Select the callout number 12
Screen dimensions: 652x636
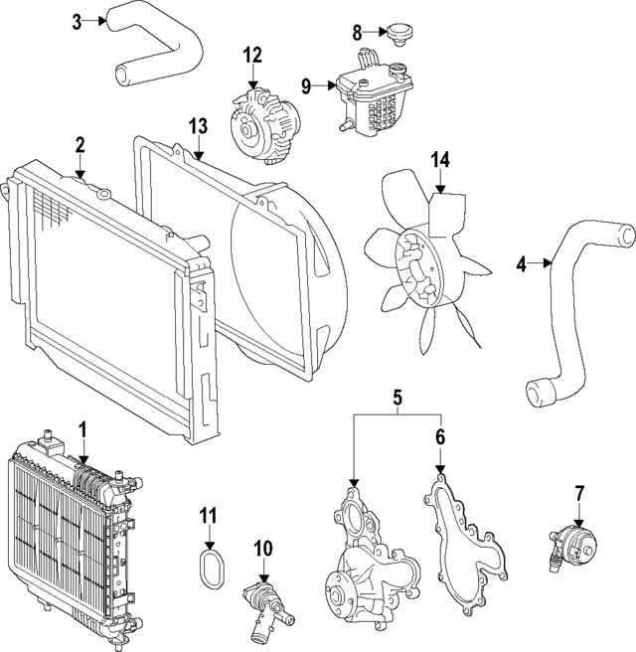point(253,54)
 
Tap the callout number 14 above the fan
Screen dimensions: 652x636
point(440,159)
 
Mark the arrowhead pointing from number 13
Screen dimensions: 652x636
point(199,158)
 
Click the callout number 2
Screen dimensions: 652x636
point(79,146)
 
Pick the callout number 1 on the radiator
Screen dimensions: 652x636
point(84,428)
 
